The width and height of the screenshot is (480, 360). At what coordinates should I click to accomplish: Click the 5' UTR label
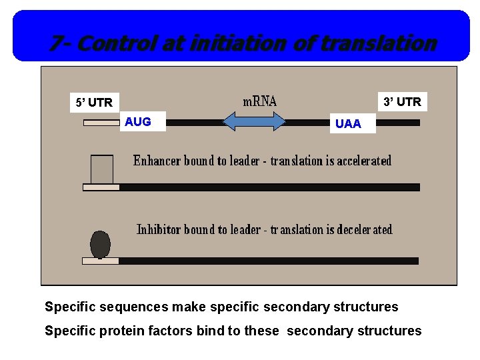(x=94, y=103)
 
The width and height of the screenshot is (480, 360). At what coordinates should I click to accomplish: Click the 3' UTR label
(x=402, y=102)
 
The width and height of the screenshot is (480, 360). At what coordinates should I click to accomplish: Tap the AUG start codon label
(x=138, y=121)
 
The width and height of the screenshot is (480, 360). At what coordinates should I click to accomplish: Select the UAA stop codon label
(x=348, y=123)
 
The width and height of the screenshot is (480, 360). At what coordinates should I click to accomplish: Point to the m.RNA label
(x=259, y=101)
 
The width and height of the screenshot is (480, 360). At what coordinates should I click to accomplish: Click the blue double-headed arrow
(x=254, y=123)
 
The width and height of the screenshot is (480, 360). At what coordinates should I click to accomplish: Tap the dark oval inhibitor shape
(x=100, y=244)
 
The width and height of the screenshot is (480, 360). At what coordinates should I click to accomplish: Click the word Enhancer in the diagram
(x=157, y=161)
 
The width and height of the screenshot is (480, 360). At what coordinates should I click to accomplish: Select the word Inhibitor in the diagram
(x=159, y=229)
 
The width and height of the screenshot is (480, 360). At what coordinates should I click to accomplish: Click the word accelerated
(x=364, y=161)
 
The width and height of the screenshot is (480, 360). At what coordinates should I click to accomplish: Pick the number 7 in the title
(x=56, y=44)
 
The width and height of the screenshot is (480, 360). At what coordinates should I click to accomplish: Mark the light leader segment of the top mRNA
(x=101, y=123)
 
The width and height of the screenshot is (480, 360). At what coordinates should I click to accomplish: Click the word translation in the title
(x=378, y=44)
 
